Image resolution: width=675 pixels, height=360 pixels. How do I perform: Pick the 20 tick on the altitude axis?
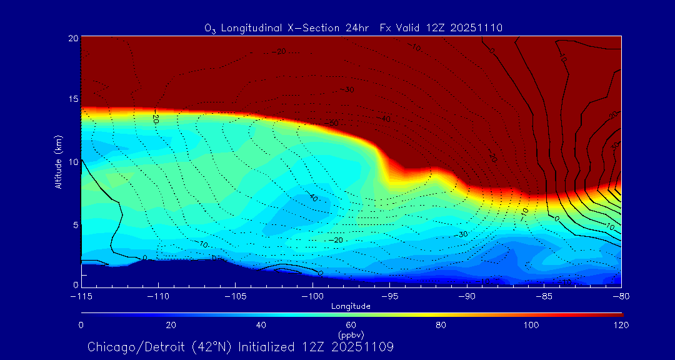tap(72, 38)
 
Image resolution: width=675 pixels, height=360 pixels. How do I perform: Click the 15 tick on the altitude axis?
tap(72, 99)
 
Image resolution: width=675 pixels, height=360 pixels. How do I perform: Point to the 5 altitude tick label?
tap(74, 224)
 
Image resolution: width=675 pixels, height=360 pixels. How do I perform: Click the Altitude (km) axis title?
tap(58, 162)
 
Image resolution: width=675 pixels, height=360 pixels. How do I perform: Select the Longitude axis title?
tap(351, 306)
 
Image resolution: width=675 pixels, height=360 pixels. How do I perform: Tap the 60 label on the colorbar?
tap(351, 325)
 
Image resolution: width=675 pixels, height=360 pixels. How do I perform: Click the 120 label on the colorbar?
tap(621, 325)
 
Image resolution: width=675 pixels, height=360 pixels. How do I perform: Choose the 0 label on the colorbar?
tap(81, 325)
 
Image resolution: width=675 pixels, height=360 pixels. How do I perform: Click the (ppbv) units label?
tap(351, 334)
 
